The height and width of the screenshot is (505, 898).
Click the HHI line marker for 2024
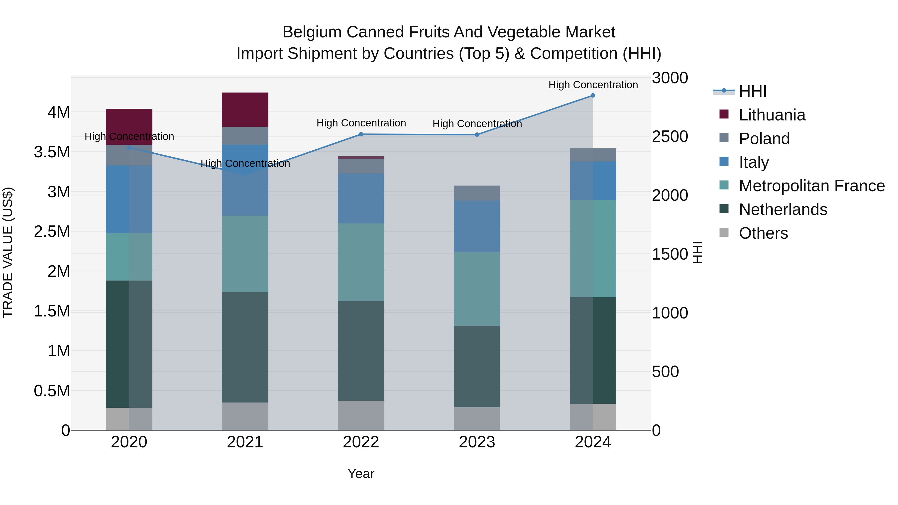point(593,96)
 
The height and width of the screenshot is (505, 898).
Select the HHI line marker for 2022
point(361,134)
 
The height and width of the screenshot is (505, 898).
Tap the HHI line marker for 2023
point(477,134)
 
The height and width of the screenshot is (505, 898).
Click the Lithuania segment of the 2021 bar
point(245,110)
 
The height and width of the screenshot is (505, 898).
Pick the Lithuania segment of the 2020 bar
point(129,122)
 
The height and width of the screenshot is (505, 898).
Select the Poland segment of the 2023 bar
point(477,193)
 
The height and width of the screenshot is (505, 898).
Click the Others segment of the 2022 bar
point(361,415)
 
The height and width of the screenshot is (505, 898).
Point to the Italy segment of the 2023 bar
point(477,226)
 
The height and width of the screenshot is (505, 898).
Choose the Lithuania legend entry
point(772,115)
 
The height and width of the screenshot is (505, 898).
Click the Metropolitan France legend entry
point(811,186)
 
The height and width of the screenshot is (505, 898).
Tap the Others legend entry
point(763,233)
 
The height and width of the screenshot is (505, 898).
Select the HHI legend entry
point(752,91)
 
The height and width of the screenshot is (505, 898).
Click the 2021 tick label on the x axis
point(245,442)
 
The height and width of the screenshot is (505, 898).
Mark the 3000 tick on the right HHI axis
point(670,78)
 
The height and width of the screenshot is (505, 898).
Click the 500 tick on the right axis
point(665,372)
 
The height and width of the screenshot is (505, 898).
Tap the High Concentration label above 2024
point(593,85)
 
